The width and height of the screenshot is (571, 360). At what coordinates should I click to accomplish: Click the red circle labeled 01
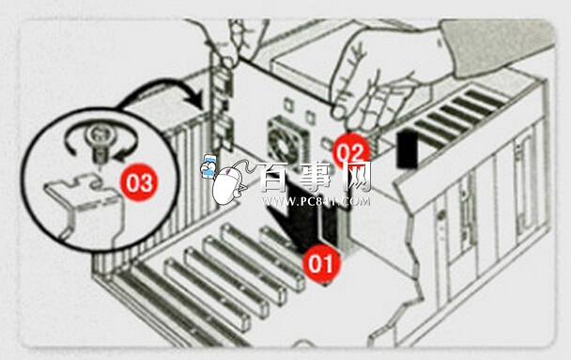coord(321,264)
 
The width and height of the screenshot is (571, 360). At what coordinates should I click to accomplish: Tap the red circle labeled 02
coord(350,151)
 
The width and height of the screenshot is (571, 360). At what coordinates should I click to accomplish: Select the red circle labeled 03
coord(139,182)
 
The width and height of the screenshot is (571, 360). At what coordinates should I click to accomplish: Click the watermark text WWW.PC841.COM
coord(316,201)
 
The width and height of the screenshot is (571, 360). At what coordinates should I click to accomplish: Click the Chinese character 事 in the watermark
coord(316,178)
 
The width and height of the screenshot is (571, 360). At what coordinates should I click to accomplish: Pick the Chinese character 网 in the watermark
coord(356,178)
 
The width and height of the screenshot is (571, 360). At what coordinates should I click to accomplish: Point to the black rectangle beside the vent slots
coord(408,150)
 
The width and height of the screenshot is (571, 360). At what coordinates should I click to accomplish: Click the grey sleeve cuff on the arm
coord(499,46)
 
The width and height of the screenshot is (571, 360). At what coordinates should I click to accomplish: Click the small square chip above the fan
coord(288,104)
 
